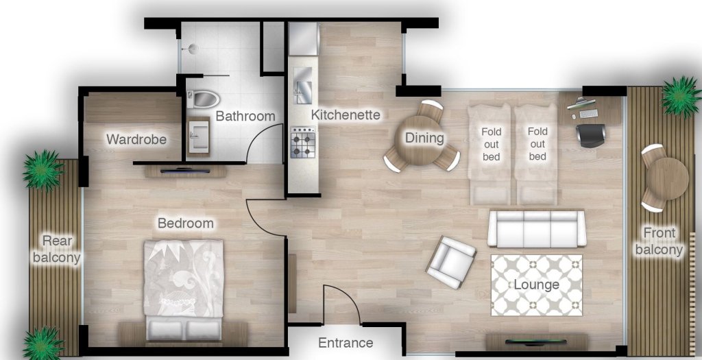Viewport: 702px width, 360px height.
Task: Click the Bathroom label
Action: [x=245, y=117]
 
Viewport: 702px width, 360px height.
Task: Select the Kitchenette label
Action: [x=346, y=115]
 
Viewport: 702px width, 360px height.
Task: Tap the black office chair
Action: [x=589, y=134]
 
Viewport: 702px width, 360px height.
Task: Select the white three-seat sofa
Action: [x=537, y=228]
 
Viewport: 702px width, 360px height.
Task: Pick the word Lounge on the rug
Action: [x=536, y=285]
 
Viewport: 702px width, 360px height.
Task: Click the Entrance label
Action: [x=346, y=343]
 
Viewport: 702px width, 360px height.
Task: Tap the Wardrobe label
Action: [x=136, y=140]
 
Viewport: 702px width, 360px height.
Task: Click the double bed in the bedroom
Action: [x=184, y=288]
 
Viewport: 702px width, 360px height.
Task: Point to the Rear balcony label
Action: [x=61, y=249]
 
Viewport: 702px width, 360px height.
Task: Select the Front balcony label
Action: [x=658, y=241]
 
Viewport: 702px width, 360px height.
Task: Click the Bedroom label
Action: [x=185, y=224]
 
